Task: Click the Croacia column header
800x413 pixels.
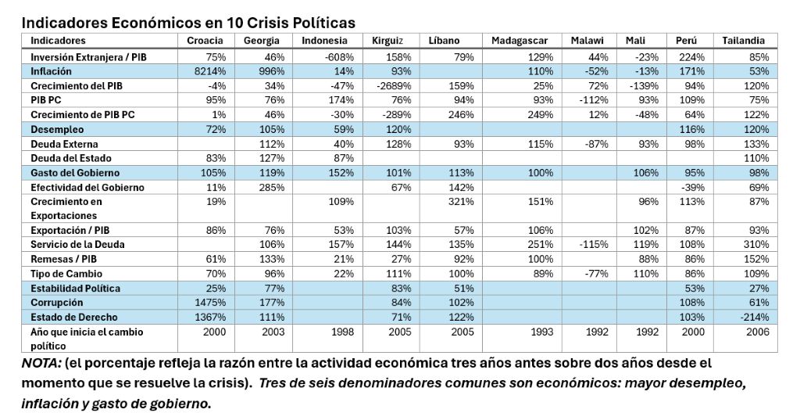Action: [x=205, y=41]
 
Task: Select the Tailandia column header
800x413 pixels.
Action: [x=744, y=41]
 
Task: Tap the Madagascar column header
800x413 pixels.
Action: [x=520, y=41]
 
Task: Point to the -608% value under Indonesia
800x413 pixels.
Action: [x=339, y=57]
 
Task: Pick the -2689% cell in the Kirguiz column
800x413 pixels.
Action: [x=394, y=85]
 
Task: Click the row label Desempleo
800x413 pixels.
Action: [x=57, y=129]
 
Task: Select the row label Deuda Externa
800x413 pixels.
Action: [x=64, y=144]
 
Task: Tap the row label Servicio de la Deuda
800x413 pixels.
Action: [x=77, y=244]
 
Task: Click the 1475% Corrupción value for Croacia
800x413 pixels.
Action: [x=210, y=303]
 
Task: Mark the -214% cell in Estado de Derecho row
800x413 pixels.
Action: [x=755, y=317]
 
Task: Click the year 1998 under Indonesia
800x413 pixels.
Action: [x=342, y=332]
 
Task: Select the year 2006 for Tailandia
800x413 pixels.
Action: [x=758, y=332]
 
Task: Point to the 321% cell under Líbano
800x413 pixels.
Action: [x=461, y=201]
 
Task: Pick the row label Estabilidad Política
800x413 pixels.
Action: [x=76, y=289]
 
